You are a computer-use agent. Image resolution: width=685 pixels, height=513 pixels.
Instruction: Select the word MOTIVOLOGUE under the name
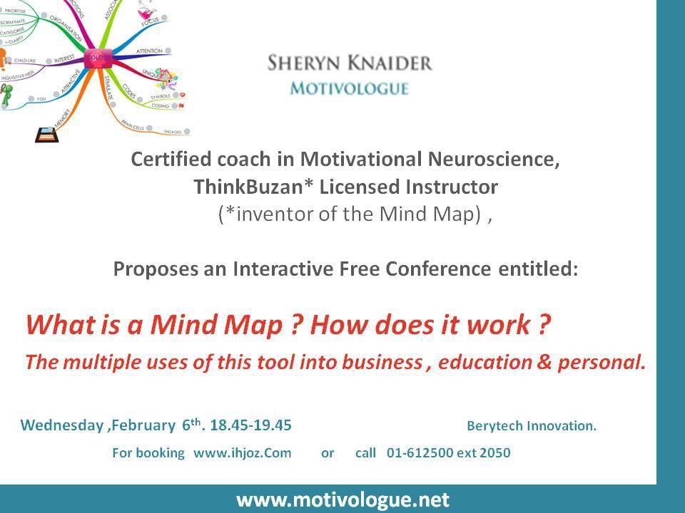pos(349,89)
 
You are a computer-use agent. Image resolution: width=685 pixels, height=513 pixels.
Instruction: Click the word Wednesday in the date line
pos(61,425)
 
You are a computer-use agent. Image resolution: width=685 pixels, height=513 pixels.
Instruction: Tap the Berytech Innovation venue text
pos(531,426)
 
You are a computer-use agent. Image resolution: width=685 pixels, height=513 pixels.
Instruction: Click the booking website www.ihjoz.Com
pos(243,452)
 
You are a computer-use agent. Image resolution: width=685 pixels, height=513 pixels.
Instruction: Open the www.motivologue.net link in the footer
pos(342,499)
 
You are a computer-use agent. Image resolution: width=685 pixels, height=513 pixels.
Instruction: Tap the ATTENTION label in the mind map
pos(148,51)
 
